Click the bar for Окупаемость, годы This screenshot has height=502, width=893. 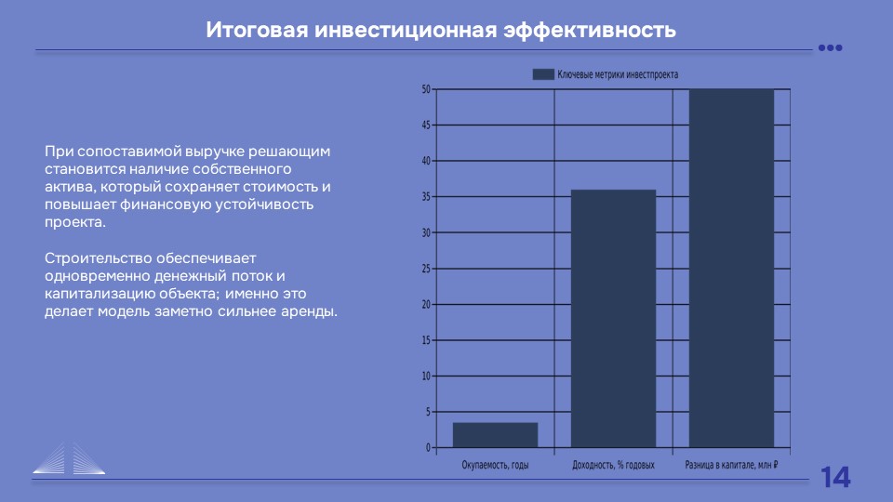point(495,435)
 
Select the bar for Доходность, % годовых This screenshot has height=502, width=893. point(613,319)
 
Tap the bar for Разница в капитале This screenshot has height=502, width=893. point(731,268)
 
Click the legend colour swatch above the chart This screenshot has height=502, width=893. point(543,74)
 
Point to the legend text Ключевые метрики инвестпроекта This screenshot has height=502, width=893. point(618,74)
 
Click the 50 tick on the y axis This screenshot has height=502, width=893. point(426,89)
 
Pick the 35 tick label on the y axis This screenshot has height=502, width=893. point(426,197)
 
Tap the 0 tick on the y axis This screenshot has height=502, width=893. point(428,448)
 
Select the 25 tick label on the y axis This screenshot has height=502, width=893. point(426,269)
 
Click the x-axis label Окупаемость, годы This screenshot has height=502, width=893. point(495,465)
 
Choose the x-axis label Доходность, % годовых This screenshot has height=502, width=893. point(613,465)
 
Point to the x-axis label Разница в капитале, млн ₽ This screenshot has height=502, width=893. point(731,465)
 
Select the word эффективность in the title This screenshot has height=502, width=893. point(590,30)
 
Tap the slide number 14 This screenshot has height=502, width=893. point(835,477)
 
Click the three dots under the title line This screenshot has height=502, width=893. point(831,47)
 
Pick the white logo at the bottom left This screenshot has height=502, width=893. point(69,458)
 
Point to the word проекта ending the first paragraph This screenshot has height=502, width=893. point(75,222)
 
